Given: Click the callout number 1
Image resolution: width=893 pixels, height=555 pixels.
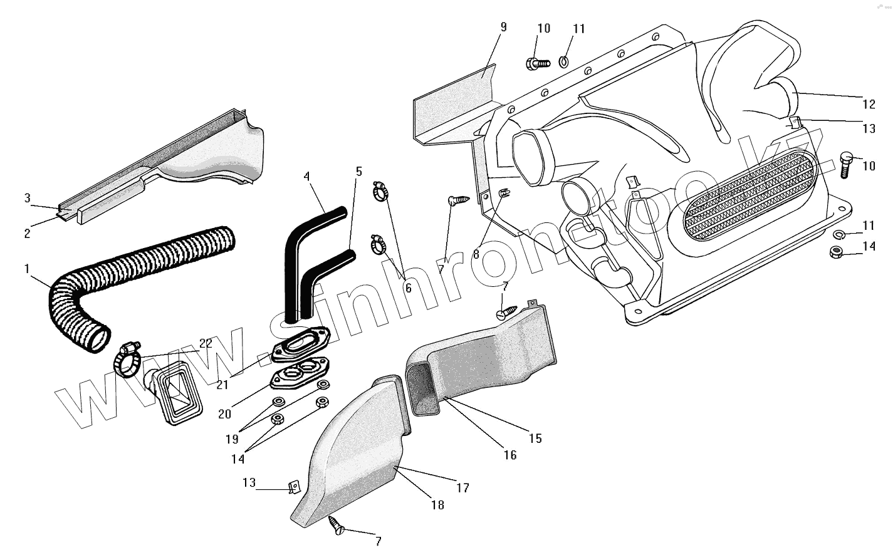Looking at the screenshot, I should (x=27, y=269).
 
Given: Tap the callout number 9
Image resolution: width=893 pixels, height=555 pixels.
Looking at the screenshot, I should (x=503, y=27).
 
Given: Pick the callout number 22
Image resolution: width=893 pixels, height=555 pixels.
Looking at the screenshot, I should (x=206, y=343).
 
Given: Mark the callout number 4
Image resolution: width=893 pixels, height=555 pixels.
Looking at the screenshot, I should (x=307, y=177).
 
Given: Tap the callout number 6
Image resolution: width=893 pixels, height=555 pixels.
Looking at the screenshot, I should (x=409, y=289).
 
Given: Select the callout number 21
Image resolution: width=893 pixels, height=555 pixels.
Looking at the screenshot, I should (x=222, y=385).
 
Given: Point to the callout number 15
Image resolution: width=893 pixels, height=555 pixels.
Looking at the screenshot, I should (x=535, y=438).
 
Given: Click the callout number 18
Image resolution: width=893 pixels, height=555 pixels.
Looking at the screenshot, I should (x=437, y=505).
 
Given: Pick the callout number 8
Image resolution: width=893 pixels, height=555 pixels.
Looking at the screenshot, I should (x=476, y=255).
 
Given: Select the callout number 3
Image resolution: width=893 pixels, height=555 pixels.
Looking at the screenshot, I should (x=27, y=198).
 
